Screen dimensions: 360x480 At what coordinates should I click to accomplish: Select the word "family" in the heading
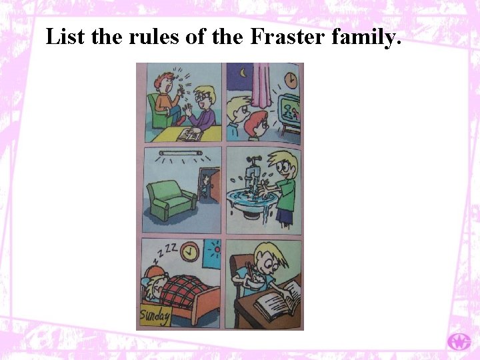[x=368, y=38]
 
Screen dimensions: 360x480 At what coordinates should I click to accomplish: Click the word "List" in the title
[x=65, y=38]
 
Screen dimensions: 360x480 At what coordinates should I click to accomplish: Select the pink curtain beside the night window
[x=260, y=87]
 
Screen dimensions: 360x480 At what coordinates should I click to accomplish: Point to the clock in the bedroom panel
[x=191, y=252]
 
